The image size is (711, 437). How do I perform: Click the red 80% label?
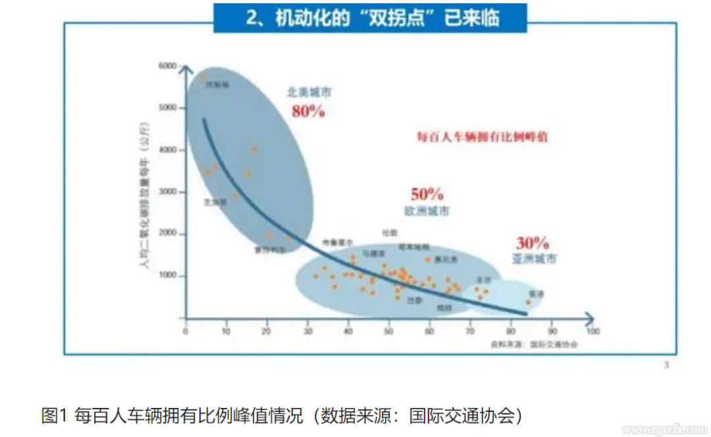[x=308, y=111]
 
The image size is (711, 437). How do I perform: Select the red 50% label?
[x=427, y=194]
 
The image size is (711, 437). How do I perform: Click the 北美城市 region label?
[x=309, y=92]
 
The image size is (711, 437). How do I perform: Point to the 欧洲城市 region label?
[x=427, y=211]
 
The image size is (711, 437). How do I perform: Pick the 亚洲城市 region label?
[x=534, y=259]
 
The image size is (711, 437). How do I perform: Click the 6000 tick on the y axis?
[x=169, y=67]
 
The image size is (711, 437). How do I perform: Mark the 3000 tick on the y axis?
[x=169, y=192]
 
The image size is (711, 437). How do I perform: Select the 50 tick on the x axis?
[x=389, y=331]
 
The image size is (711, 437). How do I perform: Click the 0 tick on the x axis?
[x=186, y=331]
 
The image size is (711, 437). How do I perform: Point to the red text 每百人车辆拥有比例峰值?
[x=483, y=137]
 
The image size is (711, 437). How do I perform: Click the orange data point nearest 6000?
[x=203, y=78]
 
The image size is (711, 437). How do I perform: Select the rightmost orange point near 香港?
[x=528, y=302]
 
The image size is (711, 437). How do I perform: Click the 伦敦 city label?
[x=390, y=233]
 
